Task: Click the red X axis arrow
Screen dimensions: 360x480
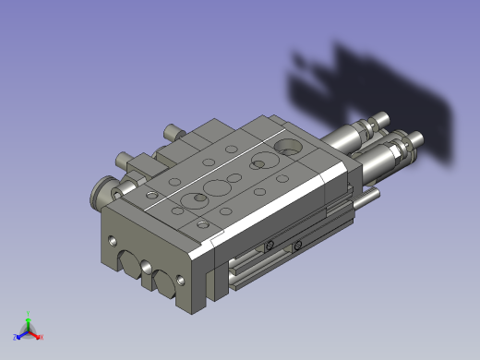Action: click(x=39, y=337)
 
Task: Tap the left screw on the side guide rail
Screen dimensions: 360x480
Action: click(x=269, y=246)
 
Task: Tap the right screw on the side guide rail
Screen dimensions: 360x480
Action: click(x=298, y=246)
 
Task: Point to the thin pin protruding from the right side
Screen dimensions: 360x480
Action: click(x=368, y=197)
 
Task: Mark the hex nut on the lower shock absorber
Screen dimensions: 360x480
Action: click(x=399, y=150)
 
